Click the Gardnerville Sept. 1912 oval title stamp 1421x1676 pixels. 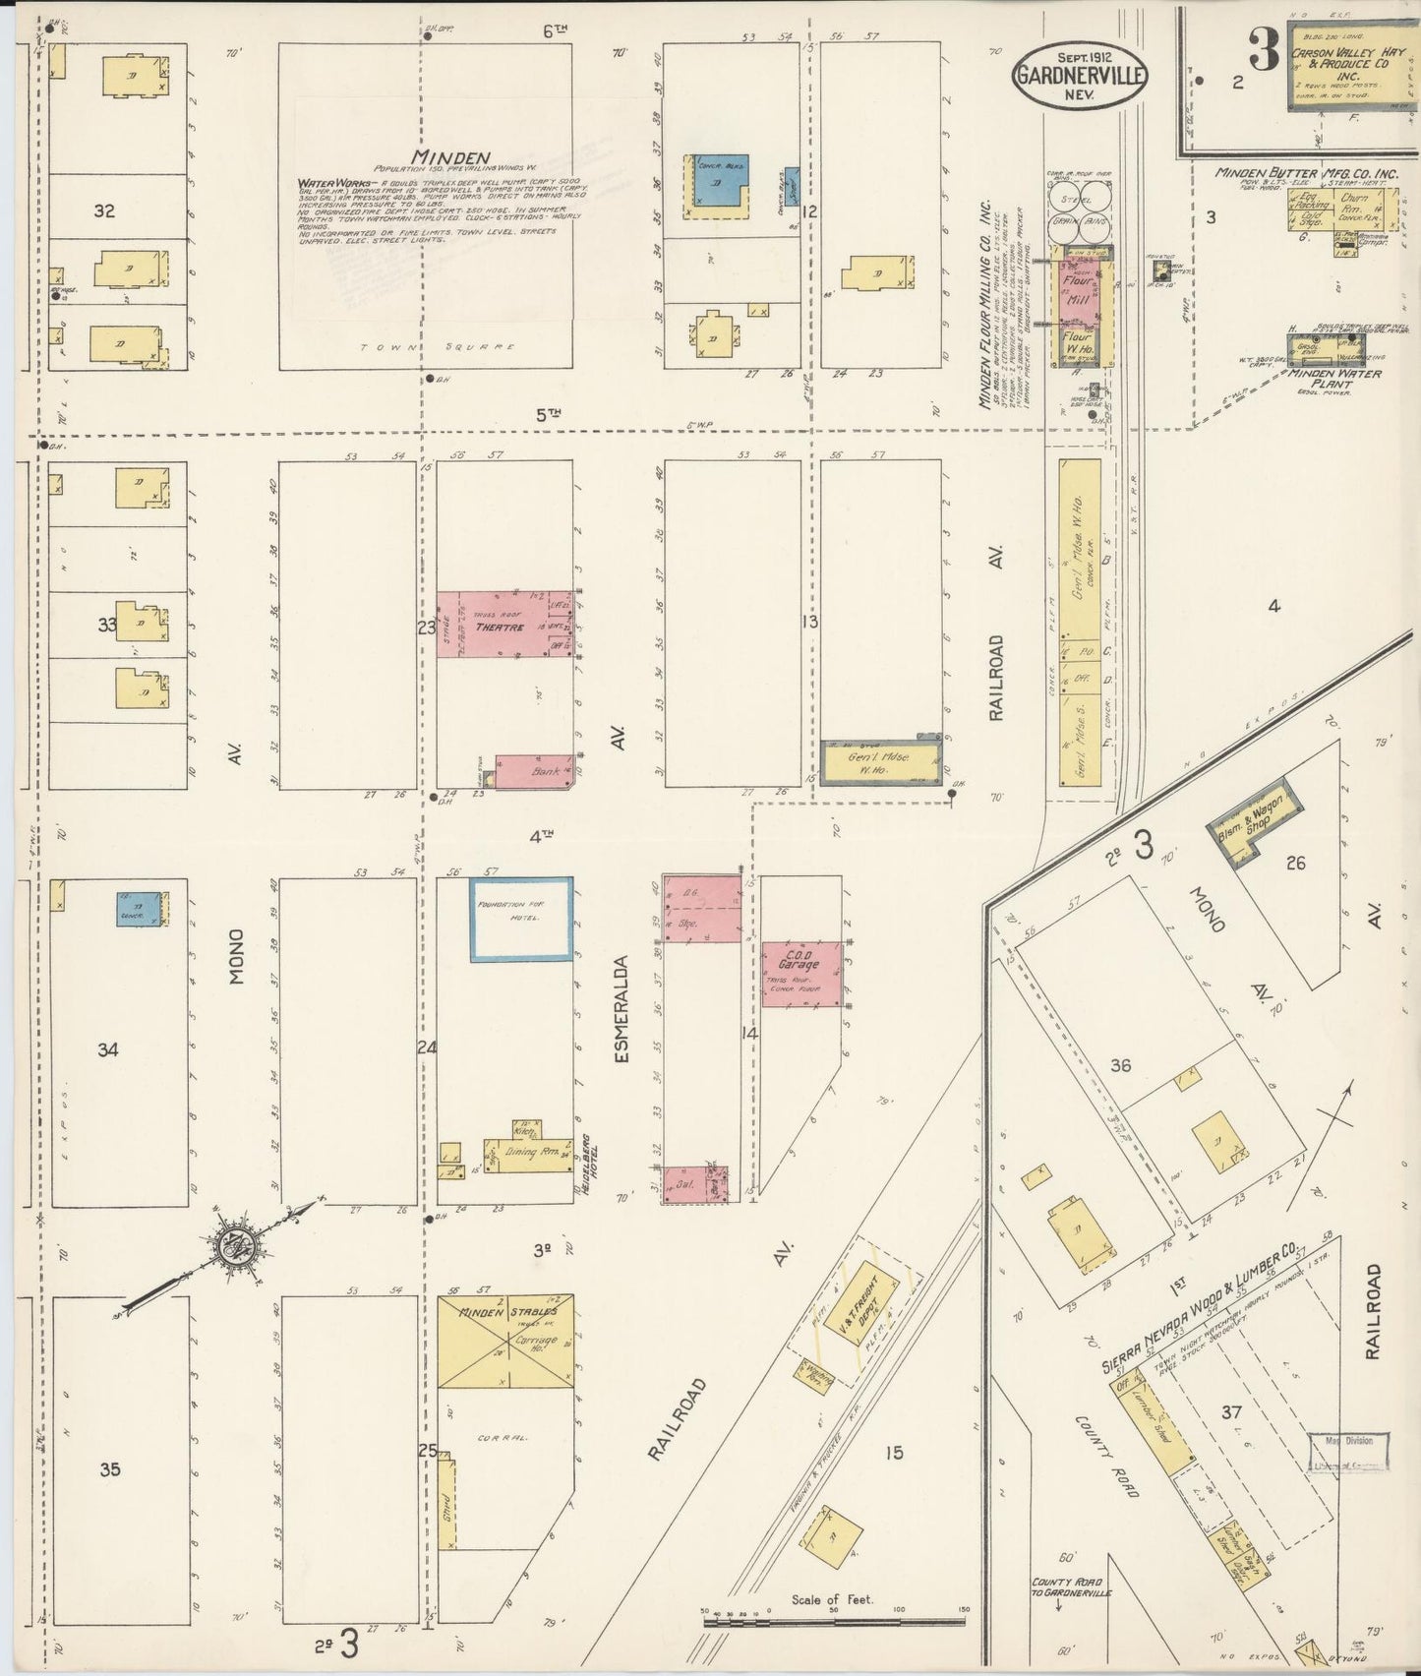point(1081,73)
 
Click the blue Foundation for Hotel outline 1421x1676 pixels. point(521,918)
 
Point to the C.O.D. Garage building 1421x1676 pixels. point(801,973)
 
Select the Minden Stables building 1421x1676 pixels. point(505,1341)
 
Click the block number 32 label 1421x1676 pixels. point(104,210)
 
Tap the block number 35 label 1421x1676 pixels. point(110,1469)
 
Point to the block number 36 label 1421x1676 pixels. point(1120,1065)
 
